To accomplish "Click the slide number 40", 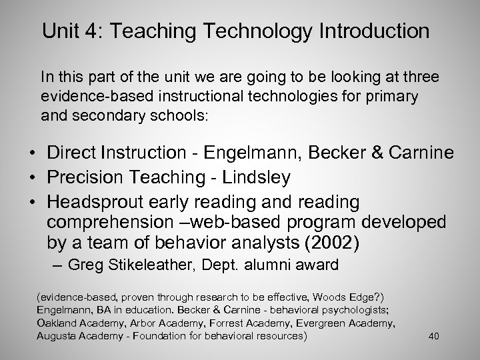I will pyautogui.click(x=433, y=335).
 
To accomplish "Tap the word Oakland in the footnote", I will pyautogui.click(x=57, y=323).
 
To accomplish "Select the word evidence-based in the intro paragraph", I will pyautogui.click(x=87, y=97).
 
